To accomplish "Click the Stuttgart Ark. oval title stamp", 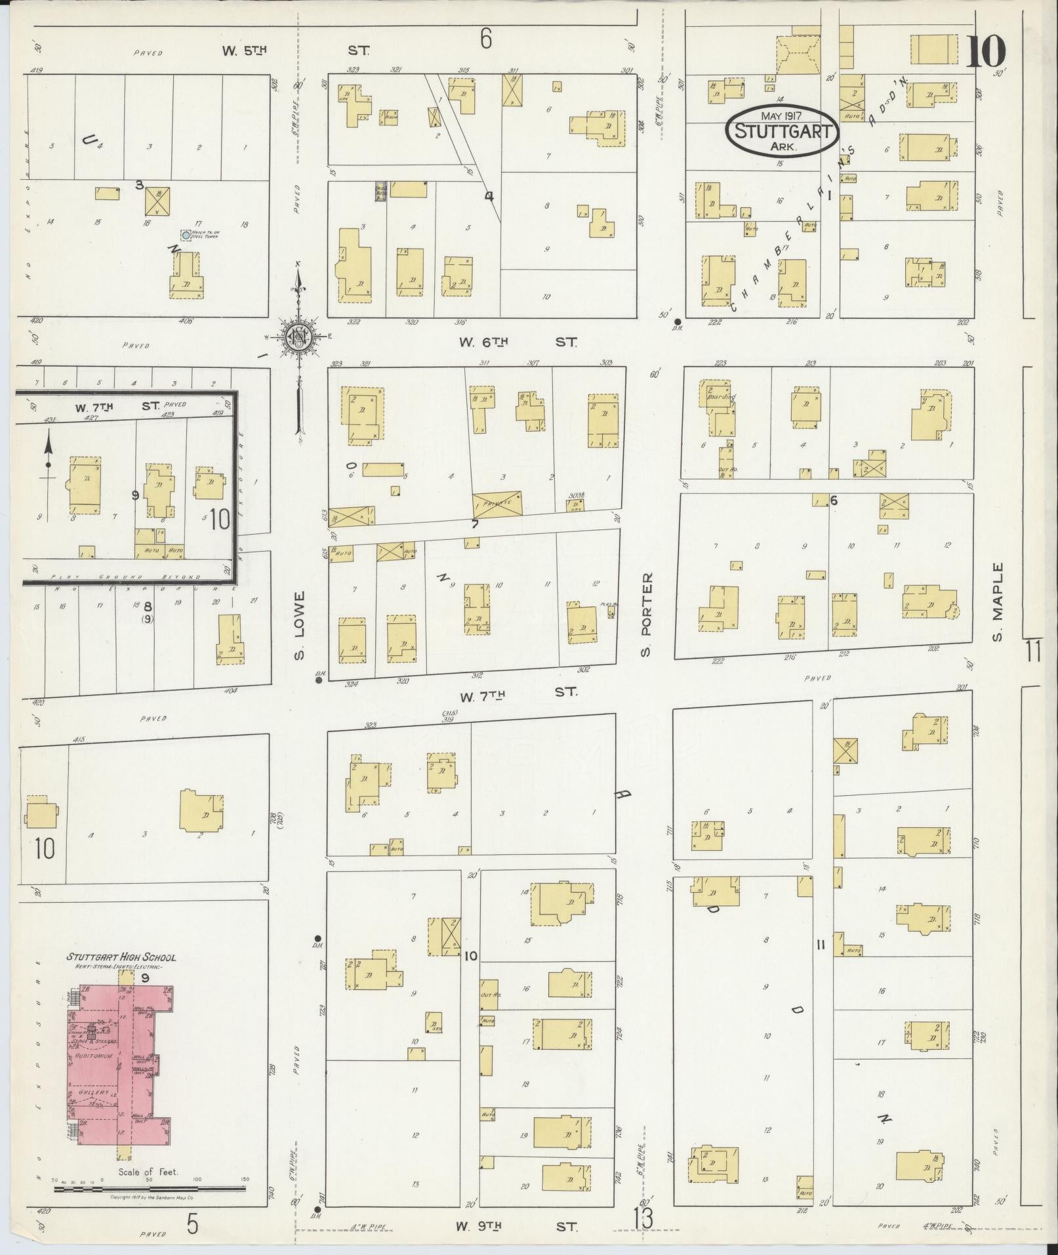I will [x=782, y=131].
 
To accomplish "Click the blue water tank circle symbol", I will [x=186, y=234].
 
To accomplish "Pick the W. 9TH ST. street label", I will [x=516, y=1225].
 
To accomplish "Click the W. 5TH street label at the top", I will [x=244, y=50].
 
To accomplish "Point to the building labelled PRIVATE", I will [x=497, y=504].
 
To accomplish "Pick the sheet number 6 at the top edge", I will [x=485, y=40].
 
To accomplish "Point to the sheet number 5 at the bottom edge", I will [x=192, y=1224].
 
